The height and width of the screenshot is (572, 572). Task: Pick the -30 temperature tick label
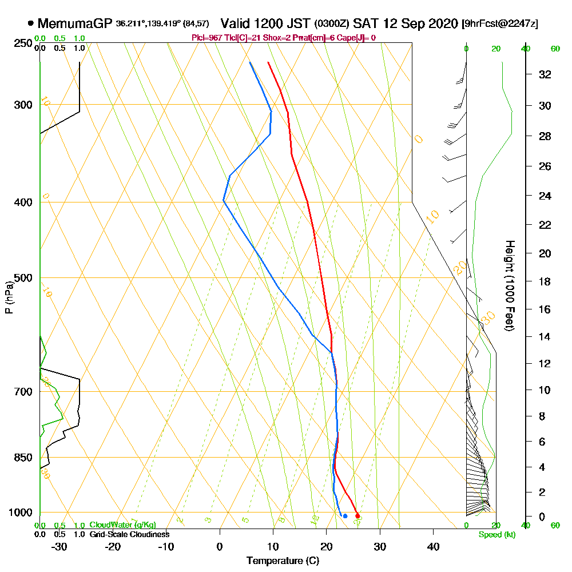coord(59,547)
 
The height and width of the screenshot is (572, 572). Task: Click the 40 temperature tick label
coord(434,547)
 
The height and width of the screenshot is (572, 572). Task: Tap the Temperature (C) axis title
coord(283,561)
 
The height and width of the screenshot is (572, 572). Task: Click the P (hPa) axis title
coord(9,297)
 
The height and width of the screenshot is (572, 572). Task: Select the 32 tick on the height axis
coord(545,74)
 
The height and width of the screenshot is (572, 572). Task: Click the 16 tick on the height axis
coord(545,309)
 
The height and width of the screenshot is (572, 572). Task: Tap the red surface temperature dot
coord(358,516)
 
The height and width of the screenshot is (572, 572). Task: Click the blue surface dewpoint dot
coord(345,516)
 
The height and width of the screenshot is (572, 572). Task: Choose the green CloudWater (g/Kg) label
coord(122,525)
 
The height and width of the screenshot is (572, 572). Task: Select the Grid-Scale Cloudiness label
coord(129,534)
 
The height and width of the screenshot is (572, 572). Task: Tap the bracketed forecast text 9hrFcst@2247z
coord(499,24)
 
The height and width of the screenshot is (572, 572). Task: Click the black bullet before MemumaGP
coord(30,23)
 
